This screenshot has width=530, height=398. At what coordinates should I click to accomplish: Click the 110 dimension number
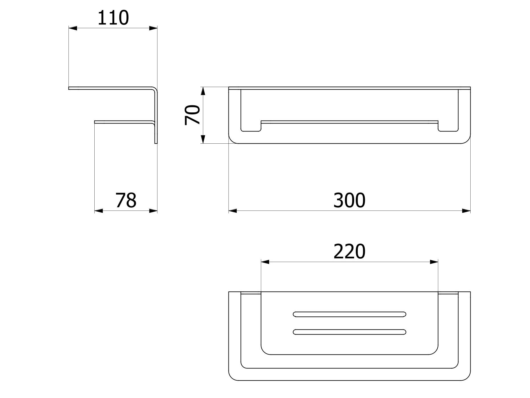coord(113,18)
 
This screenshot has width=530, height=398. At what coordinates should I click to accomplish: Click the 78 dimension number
coord(126,200)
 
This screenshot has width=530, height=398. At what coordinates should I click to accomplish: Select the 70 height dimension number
coord(192,115)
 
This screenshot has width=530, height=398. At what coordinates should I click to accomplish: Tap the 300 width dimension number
coord(349,200)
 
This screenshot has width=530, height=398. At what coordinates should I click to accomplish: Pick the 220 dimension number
coord(349,251)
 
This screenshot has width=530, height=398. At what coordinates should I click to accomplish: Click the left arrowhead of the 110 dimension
coord(73,28)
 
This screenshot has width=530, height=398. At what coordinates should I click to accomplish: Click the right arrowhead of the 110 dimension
coord(153,28)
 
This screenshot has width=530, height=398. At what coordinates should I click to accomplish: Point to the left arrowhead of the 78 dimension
coord(98,211)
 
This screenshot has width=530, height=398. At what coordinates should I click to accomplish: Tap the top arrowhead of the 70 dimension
coord(203,91)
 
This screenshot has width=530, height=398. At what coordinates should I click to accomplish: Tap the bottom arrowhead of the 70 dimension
coord(203,139)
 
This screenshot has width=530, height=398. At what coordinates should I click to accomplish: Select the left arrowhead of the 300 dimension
coord(233,211)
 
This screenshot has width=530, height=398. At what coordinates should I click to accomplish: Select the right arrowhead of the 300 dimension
coord(466,211)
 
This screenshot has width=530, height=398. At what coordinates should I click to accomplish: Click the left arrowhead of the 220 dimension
coord(265,262)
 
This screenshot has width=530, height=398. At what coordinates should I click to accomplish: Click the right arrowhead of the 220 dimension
coord(434,262)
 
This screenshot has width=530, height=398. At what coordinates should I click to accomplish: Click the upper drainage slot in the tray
coord(349,314)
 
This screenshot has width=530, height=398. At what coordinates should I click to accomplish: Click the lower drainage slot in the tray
coord(349,332)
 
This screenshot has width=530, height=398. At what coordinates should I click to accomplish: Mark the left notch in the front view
coord(251,127)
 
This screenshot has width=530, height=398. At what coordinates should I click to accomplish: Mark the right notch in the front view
coord(448,127)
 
